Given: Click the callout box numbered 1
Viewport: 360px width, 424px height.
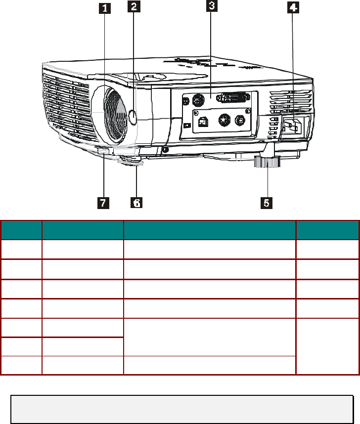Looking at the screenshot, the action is pyautogui.click(x=104, y=8).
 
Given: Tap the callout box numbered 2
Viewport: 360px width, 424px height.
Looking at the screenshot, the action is pyautogui.click(x=134, y=6).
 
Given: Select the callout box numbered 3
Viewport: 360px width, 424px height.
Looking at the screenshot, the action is pyautogui.click(x=212, y=5).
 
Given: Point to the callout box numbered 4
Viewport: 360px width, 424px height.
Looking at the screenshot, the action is pyautogui.click(x=293, y=7).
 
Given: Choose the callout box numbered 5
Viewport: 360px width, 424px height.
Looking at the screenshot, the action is pyautogui.click(x=267, y=203).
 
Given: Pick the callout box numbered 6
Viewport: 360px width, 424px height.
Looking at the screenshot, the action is pyautogui.click(x=136, y=202).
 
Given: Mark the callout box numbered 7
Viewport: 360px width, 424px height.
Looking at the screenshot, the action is pyautogui.click(x=103, y=203).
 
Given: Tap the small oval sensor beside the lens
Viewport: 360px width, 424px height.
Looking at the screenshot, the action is pyautogui.click(x=133, y=117).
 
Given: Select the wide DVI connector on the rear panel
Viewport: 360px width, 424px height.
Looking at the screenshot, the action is pyautogui.click(x=233, y=98).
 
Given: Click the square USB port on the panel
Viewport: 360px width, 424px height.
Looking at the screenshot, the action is pyautogui.click(x=203, y=122).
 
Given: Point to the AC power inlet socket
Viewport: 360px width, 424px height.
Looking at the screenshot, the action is pyautogui.click(x=292, y=127).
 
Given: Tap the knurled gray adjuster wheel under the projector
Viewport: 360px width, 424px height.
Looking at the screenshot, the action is pyautogui.click(x=267, y=162).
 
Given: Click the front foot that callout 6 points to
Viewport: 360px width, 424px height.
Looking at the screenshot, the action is pyautogui.click(x=131, y=161).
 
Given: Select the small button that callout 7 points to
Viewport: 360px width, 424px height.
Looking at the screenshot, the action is pyautogui.click(x=104, y=151).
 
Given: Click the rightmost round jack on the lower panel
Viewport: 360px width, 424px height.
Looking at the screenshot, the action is pyautogui.click(x=240, y=120).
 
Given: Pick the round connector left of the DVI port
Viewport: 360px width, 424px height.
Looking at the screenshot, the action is pyautogui.click(x=198, y=100).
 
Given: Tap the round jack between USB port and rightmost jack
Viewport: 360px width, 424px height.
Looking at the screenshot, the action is pyautogui.click(x=224, y=119).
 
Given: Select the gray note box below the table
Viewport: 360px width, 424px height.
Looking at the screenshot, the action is pyautogui.click(x=182, y=409).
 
